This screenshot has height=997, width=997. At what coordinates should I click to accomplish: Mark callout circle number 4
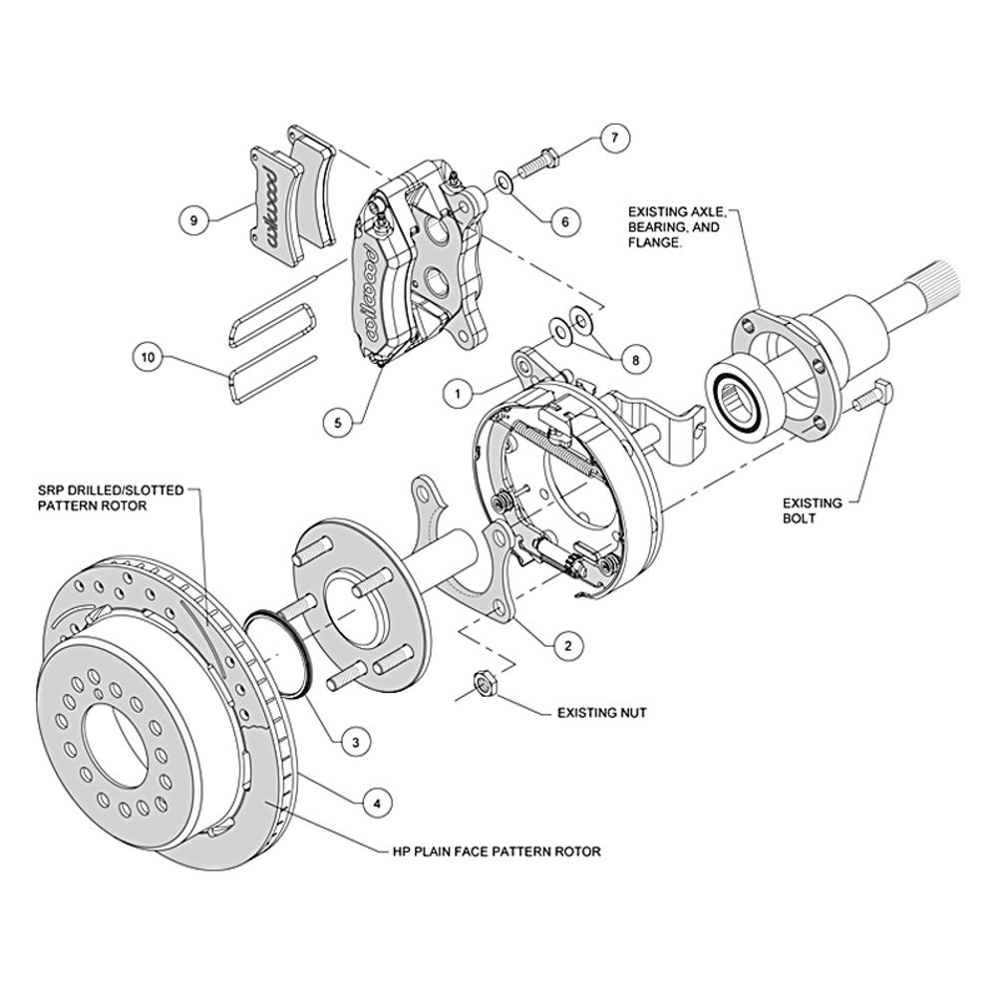click(375, 800)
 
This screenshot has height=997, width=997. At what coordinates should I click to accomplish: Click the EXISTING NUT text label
click(602, 713)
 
